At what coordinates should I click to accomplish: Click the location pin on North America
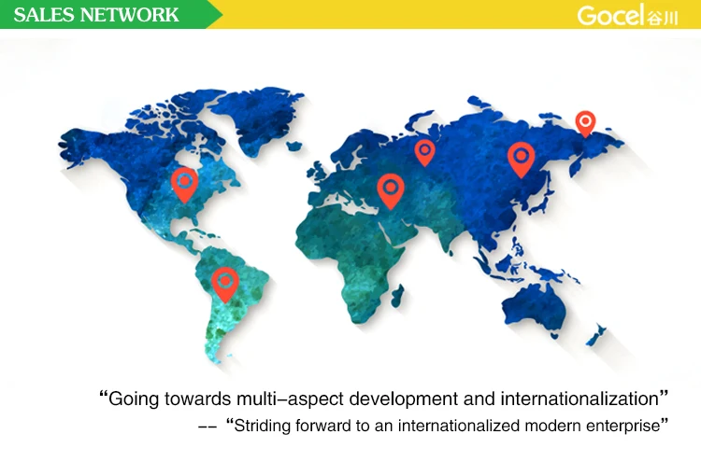tap(185, 184)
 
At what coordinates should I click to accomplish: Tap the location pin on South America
tap(225, 284)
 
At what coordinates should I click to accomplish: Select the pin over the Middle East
tap(391, 190)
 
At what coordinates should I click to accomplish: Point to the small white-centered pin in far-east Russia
tap(585, 123)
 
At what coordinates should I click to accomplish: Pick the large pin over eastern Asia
tap(522, 159)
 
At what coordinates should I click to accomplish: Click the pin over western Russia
tap(424, 152)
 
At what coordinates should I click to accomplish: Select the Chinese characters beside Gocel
tap(662, 18)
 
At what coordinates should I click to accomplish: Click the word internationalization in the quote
tap(579, 399)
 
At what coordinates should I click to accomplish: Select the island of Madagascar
tap(397, 295)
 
